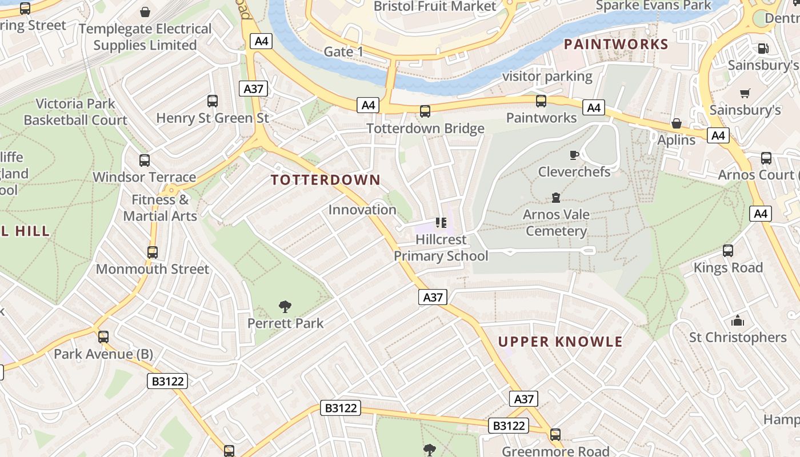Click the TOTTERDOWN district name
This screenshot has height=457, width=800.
tap(326, 180)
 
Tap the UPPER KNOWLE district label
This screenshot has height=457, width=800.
tap(560, 342)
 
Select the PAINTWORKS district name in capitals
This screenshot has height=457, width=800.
tap(616, 44)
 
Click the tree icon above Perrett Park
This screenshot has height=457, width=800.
tap(285, 307)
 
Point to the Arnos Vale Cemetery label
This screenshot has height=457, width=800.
tap(556, 223)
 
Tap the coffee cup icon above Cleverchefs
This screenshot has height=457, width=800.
tap(574, 155)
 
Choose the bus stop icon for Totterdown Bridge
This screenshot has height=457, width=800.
tap(425, 111)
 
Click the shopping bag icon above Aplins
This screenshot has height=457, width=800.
tap(677, 123)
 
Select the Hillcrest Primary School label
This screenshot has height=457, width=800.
tap(441, 247)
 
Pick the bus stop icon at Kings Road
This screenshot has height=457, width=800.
tap(728, 251)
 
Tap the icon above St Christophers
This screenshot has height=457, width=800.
tap(738, 320)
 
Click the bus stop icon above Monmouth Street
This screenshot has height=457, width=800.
tap(153, 252)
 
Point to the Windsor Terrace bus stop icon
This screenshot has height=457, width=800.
tap(145, 161)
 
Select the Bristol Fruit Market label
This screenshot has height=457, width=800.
tap(435, 6)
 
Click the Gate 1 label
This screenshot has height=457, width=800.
tap(343, 52)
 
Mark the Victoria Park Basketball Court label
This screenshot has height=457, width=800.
tap(75, 112)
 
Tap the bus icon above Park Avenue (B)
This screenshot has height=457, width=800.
tap(103, 337)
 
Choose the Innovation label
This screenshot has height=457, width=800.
tap(362, 210)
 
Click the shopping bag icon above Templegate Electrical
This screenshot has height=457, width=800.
tap(145, 12)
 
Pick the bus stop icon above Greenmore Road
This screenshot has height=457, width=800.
tap(555, 435)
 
